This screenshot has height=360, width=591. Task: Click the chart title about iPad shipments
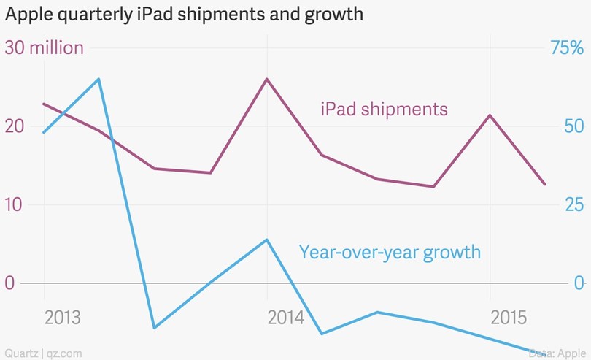(184, 15)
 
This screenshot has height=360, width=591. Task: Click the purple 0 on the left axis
(10, 283)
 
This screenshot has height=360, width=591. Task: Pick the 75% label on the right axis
(566, 48)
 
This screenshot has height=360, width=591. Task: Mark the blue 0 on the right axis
(579, 283)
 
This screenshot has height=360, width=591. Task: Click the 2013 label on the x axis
(63, 318)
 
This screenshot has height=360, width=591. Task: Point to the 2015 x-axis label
(509, 318)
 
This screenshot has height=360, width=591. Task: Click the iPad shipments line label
(384, 110)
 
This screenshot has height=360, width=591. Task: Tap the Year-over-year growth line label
(390, 253)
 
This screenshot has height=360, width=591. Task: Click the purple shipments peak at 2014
(267, 79)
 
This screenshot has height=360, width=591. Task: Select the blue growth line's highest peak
(99, 79)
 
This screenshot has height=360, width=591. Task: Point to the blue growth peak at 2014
(267, 240)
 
